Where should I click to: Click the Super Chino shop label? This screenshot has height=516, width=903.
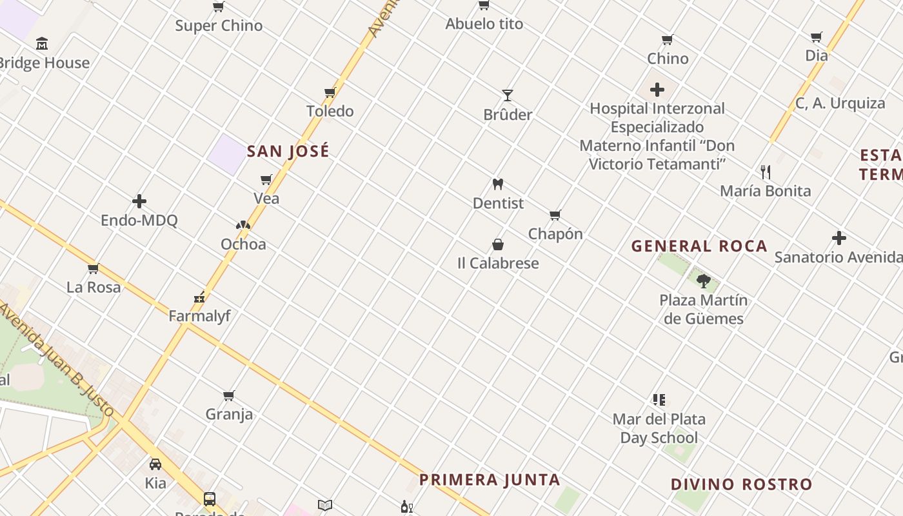pyautogui.click(x=219, y=26)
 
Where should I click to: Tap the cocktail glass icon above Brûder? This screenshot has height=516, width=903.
pyautogui.click(x=508, y=95)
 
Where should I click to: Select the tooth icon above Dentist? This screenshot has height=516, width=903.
pyautogui.click(x=497, y=184)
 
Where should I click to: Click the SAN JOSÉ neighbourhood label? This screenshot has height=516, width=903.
pyautogui.click(x=288, y=152)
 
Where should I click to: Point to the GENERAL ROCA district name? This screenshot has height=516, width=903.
pyautogui.click(x=699, y=246)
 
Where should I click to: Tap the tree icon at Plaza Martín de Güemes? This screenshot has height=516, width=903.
pyautogui.click(x=703, y=281)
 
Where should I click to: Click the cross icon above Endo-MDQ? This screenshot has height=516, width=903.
pyautogui.click(x=139, y=202)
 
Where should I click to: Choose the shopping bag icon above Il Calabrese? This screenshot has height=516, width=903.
pyautogui.click(x=498, y=244)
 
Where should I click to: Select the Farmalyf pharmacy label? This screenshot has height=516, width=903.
pyautogui.click(x=199, y=316)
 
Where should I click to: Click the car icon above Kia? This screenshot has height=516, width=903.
pyautogui.click(x=155, y=464)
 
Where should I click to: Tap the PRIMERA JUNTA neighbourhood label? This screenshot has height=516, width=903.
pyautogui.click(x=490, y=480)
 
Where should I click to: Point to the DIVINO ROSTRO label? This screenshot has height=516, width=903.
pyautogui.click(x=741, y=484)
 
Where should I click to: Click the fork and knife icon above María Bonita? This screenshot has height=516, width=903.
pyautogui.click(x=766, y=172)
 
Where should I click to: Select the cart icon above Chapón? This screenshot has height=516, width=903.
pyautogui.click(x=555, y=215)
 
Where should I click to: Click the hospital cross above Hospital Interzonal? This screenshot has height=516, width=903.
pyautogui.click(x=657, y=90)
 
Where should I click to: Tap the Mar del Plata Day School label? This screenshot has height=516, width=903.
pyautogui.click(x=659, y=428)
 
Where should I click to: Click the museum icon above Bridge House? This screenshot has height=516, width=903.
pyautogui.click(x=42, y=44)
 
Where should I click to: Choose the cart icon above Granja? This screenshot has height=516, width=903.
pyautogui.click(x=229, y=395)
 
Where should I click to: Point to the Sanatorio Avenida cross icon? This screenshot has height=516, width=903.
pyautogui.click(x=838, y=239)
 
